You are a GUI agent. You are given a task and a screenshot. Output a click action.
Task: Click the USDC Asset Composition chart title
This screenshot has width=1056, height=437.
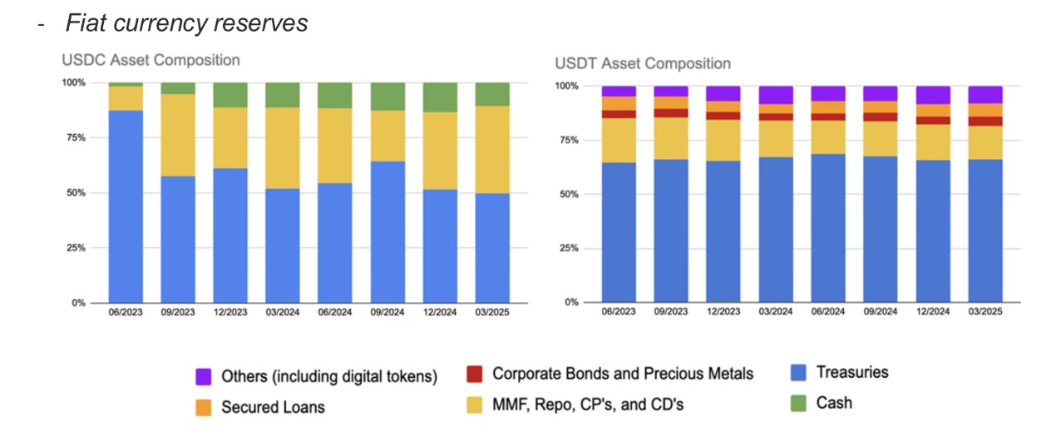pyautogui.click(x=151, y=60)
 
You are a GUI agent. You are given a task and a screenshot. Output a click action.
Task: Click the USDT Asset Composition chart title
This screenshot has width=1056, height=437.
pyautogui.click(x=643, y=63)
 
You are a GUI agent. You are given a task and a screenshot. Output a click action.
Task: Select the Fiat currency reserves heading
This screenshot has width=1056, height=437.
pyautogui.click(x=186, y=22)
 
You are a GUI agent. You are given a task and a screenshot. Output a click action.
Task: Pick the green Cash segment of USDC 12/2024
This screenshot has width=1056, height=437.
pyautogui.click(x=440, y=97)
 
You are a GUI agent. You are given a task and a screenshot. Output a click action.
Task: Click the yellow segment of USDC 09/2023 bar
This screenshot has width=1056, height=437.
pyautogui.click(x=178, y=135)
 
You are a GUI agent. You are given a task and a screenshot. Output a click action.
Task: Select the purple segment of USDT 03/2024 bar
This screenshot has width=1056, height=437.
pyautogui.click(x=776, y=94)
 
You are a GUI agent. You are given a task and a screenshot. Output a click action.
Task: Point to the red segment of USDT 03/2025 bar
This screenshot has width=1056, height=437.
pyautogui.click(x=985, y=122)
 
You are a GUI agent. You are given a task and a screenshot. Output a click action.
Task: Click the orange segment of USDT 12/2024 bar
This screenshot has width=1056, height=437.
pyautogui.click(x=933, y=111)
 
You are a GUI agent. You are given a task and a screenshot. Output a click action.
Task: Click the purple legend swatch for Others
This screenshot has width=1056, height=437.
pyautogui.click(x=203, y=377)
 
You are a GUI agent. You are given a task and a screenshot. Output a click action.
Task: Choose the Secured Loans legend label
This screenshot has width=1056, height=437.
pyautogui.click(x=273, y=407)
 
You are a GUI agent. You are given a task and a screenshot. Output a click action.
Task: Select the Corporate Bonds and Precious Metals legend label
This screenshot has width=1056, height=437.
pyautogui.click(x=623, y=374)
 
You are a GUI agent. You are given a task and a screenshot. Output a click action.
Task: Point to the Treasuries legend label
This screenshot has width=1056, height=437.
pyautogui.click(x=852, y=372)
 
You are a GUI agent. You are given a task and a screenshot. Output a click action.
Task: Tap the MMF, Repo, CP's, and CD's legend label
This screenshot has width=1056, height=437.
pyautogui.click(x=589, y=405)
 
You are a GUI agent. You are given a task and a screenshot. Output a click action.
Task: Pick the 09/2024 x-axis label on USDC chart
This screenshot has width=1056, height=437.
pyautogui.click(x=387, y=312)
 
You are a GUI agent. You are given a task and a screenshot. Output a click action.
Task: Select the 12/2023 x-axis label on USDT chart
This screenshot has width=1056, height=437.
pyautogui.click(x=723, y=311)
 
